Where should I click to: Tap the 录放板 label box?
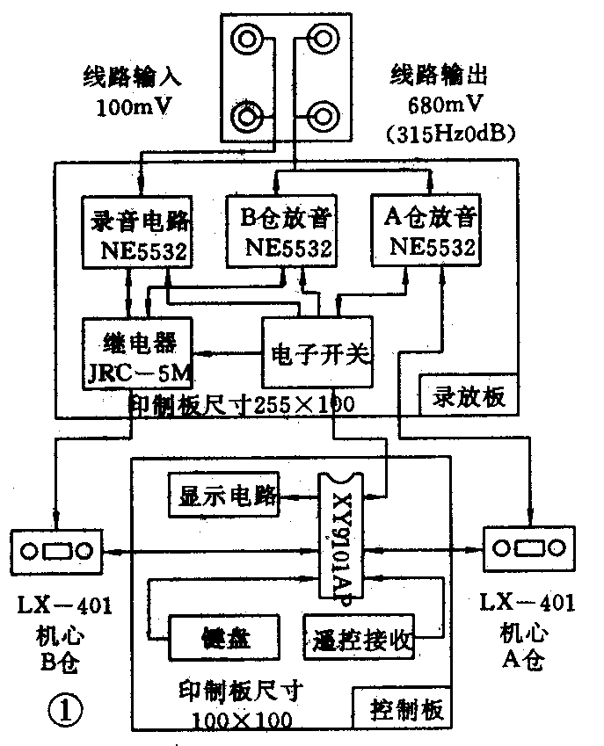click(x=466, y=397)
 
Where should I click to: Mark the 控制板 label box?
click(x=402, y=708)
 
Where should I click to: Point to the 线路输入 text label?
click(x=132, y=76)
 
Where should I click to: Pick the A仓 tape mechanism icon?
click(x=529, y=549)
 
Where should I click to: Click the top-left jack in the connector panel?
click(x=245, y=39)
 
